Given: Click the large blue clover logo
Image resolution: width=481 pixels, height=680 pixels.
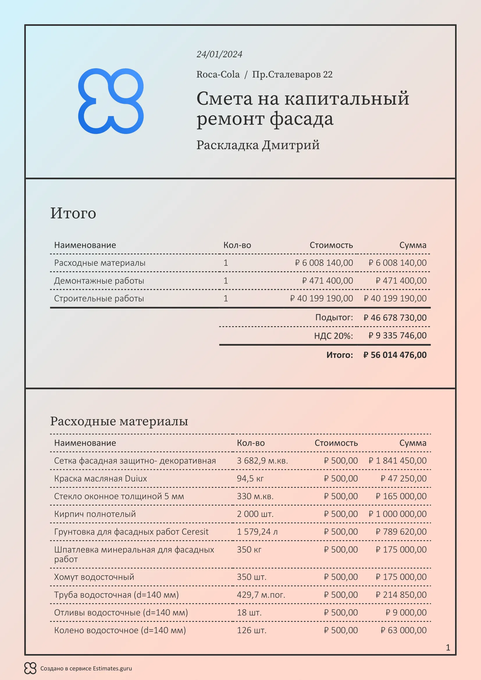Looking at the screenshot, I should [111, 101].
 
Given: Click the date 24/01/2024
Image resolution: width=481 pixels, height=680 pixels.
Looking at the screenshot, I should [219, 54].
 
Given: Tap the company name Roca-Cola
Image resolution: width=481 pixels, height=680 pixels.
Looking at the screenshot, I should [218, 74].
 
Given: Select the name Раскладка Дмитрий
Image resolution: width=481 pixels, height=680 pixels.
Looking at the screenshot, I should [258, 145].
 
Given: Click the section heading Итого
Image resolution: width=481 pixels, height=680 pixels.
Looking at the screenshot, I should [73, 213].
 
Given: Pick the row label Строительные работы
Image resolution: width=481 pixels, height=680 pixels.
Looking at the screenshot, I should [99, 298].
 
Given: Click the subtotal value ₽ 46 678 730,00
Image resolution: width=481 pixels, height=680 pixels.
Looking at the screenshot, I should [395, 318].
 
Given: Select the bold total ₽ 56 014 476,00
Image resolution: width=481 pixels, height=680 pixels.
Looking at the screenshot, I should [395, 355].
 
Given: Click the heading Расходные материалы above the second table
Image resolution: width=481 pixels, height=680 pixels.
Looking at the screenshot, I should [119, 421].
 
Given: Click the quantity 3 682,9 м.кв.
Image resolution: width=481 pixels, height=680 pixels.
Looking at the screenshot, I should [262, 461].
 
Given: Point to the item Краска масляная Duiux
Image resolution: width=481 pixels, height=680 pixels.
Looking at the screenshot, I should [100, 478].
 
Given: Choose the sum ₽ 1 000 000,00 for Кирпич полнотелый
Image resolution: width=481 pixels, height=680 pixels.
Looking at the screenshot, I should [397, 514].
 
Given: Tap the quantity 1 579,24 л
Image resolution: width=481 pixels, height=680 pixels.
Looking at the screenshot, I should [257, 532].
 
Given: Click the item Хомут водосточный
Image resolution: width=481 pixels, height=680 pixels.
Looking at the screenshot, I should [94, 577].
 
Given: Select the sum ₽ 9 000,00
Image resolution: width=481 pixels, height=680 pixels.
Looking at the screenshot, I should [406, 613].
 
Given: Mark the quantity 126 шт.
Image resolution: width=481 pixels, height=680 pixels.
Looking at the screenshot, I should [252, 630].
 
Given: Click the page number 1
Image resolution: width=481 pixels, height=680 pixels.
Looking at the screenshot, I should [448, 648].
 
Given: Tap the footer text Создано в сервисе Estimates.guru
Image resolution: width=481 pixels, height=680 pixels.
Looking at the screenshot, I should [86, 668].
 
